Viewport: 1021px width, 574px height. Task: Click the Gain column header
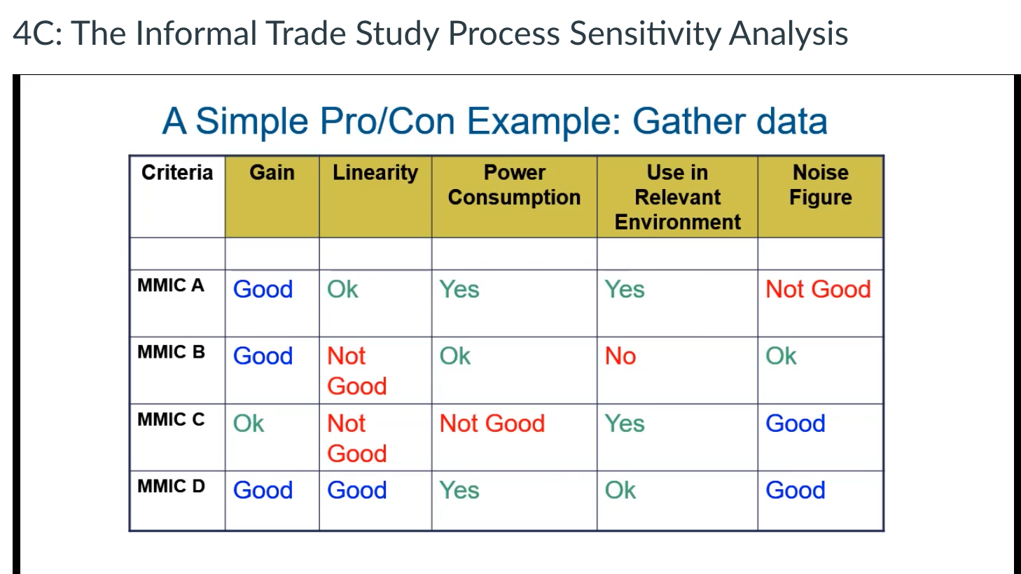coord(272,173)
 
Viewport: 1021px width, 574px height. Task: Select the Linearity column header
coord(375,173)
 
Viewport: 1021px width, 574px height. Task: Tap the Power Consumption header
coord(514,185)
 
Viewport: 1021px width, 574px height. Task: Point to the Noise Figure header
coord(821,185)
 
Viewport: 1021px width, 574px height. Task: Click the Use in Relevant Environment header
coord(677,197)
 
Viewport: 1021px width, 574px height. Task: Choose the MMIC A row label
coord(170,286)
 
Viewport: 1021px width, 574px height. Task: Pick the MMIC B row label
coord(171,352)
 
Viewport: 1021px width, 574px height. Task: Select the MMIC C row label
coord(171,419)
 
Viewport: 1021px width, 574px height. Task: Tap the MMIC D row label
coord(171,486)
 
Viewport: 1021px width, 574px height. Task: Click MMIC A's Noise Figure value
coord(818,289)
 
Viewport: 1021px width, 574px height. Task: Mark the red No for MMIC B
coord(620,356)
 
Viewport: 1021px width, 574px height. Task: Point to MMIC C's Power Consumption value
coord(492,423)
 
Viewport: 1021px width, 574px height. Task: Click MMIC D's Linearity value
coord(357,491)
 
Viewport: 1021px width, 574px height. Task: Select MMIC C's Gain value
coord(249,423)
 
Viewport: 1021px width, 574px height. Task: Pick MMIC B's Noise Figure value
coord(781,356)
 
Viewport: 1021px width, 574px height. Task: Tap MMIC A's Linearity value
coord(342,289)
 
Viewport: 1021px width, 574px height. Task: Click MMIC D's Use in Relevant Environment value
coord(620,491)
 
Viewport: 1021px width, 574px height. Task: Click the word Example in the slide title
coord(544,122)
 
